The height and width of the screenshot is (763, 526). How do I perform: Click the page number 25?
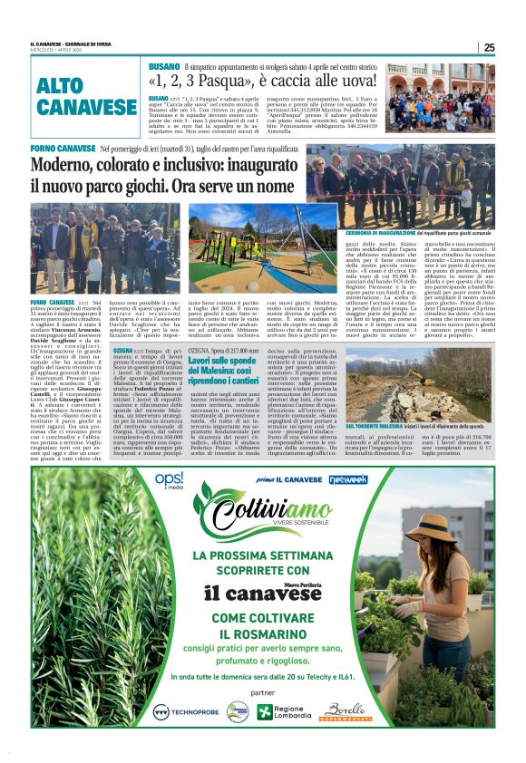(489, 48)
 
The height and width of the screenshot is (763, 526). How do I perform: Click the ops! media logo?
(168, 479)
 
